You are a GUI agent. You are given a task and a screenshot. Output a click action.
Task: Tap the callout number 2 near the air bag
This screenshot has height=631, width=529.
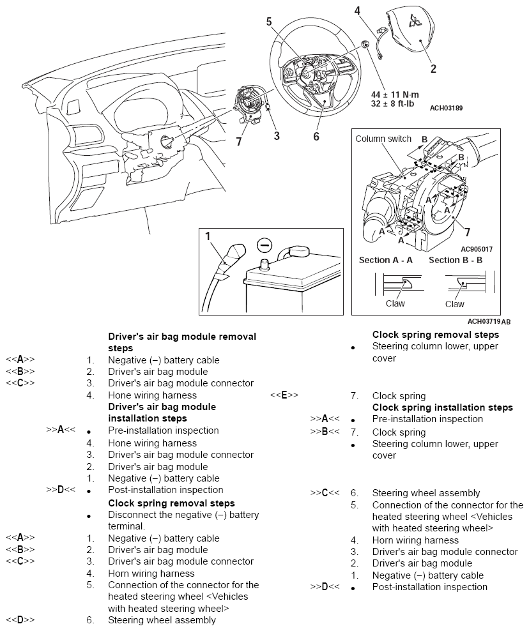(433, 68)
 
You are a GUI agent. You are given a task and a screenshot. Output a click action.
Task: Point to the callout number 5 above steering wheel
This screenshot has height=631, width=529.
(269, 22)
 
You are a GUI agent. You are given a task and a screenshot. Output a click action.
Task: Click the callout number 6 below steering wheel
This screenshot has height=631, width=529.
(316, 136)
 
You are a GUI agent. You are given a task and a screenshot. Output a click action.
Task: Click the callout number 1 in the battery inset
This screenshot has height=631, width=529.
(208, 236)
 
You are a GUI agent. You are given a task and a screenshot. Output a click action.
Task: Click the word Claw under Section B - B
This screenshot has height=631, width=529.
(454, 304)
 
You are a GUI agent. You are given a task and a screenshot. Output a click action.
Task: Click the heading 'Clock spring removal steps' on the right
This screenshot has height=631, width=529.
(436, 335)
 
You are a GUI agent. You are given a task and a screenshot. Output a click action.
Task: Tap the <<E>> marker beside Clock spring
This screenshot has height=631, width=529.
(285, 396)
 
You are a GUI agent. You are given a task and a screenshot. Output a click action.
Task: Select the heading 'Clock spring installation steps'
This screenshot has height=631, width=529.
(442, 407)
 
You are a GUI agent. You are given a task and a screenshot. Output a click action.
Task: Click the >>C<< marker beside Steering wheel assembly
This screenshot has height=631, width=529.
(325, 493)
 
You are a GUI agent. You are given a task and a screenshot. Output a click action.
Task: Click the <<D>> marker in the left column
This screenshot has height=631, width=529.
(20, 620)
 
